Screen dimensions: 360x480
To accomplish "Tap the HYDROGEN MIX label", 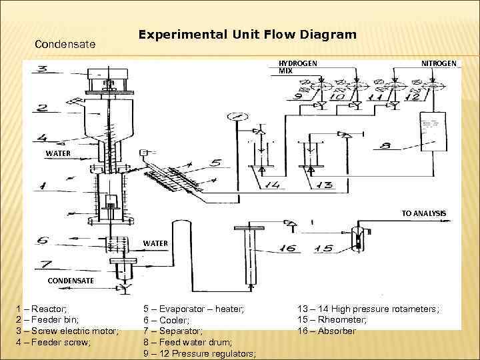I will [297, 66].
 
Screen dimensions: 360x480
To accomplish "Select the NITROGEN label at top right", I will [439, 63].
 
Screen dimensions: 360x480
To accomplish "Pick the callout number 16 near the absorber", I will [287, 248].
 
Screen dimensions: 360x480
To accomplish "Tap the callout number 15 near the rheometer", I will [323, 248].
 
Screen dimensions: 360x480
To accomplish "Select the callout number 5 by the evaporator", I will [215, 162].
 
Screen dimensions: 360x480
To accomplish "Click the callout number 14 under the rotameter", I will [271, 185].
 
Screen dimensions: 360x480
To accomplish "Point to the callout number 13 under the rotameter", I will [323, 185].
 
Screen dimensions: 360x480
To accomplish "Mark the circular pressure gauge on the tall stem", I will [233, 117].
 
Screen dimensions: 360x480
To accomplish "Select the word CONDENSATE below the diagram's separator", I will [70, 281].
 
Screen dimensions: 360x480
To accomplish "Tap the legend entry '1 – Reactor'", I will [41, 309].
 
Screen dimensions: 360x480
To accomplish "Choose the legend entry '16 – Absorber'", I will [327, 331].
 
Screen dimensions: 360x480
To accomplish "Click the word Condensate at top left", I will [65, 45].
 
